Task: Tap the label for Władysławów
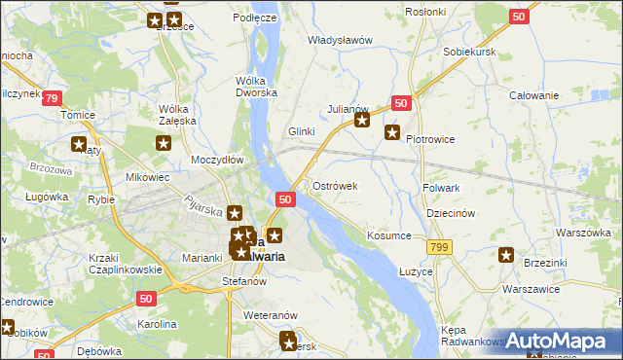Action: coord(341,40)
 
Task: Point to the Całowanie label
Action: coord(534,95)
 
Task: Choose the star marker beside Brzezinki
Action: coord(506,256)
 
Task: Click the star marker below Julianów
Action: coord(362,121)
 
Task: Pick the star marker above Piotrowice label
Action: coord(392,131)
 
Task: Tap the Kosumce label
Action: coord(388,236)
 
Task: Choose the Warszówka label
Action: coord(582,234)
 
